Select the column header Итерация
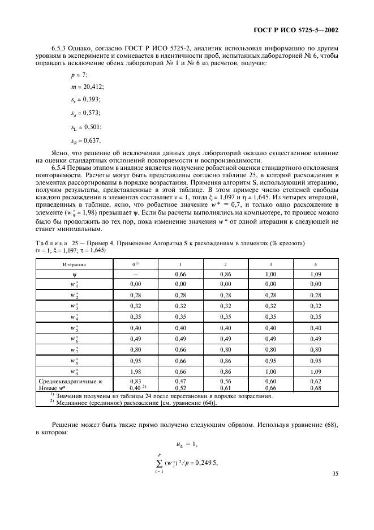(74, 264)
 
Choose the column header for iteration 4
(315, 264)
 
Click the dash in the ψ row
(136, 274)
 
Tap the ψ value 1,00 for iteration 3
(270, 274)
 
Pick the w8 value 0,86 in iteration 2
(225, 360)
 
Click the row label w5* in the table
(74, 328)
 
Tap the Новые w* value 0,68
(315, 388)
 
